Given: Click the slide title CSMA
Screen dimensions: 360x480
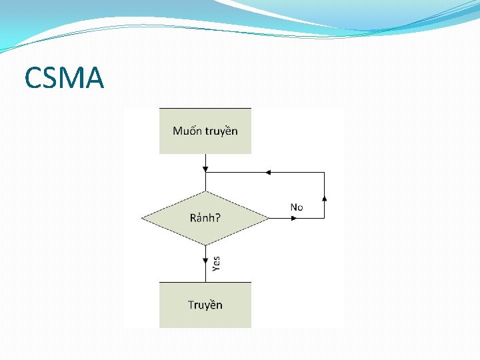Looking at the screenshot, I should click(x=64, y=79).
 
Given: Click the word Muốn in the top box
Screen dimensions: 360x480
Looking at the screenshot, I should click(x=186, y=131).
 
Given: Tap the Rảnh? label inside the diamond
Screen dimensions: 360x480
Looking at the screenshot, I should click(x=205, y=217).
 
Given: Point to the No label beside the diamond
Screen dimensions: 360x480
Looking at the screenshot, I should click(x=297, y=207).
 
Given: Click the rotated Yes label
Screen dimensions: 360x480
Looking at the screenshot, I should click(x=216, y=264).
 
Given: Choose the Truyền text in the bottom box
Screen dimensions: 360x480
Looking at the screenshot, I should click(x=205, y=305).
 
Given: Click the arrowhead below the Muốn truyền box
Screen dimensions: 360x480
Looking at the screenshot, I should click(x=205, y=167).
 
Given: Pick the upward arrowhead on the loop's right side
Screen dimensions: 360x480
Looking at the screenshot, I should click(x=325, y=197).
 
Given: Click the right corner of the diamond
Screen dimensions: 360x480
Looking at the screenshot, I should click(x=269, y=218).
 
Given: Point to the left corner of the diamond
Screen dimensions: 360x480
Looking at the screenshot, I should click(x=142, y=218).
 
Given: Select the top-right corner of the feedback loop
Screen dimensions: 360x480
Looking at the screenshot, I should click(x=325, y=172).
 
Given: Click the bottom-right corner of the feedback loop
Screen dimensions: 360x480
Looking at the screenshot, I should click(x=325, y=218).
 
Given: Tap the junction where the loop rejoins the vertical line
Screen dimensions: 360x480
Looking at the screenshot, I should click(x=205, y=172).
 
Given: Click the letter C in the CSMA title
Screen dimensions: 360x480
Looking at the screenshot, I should click(x=33, y=79).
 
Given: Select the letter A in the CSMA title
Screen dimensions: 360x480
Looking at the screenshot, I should click(x=95, y=79).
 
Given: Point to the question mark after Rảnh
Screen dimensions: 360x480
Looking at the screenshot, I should click(x=218, y=217).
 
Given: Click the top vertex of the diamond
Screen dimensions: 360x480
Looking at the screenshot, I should click(x=205, y=191).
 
